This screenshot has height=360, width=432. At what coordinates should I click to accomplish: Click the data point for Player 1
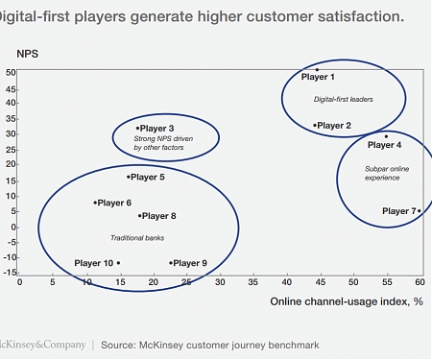(x=317, y=69)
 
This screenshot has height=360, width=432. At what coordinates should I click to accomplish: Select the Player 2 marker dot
(x=315, y=125)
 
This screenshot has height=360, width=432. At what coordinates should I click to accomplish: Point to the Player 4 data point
(x=386, y=136)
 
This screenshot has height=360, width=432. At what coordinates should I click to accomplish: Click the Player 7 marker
(x=419, y=210)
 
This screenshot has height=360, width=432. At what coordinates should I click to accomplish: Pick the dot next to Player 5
(x=128, y=177)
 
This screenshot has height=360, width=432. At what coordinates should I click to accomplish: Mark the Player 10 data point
(x=118, y=263)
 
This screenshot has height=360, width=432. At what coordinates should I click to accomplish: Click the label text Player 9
(x=190, y=263)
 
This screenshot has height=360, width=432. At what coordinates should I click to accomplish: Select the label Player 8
(x=159, y=216)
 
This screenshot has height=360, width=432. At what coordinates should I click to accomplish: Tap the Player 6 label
(x=114, y=203)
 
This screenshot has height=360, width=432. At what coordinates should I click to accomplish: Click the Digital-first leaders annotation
(x=343, y=99)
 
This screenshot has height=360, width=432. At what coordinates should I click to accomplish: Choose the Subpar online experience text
(x=383, y=174)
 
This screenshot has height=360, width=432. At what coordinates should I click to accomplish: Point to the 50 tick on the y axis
(x=11, y=72)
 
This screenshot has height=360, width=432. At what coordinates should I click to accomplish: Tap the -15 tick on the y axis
(x=10, y=272)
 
